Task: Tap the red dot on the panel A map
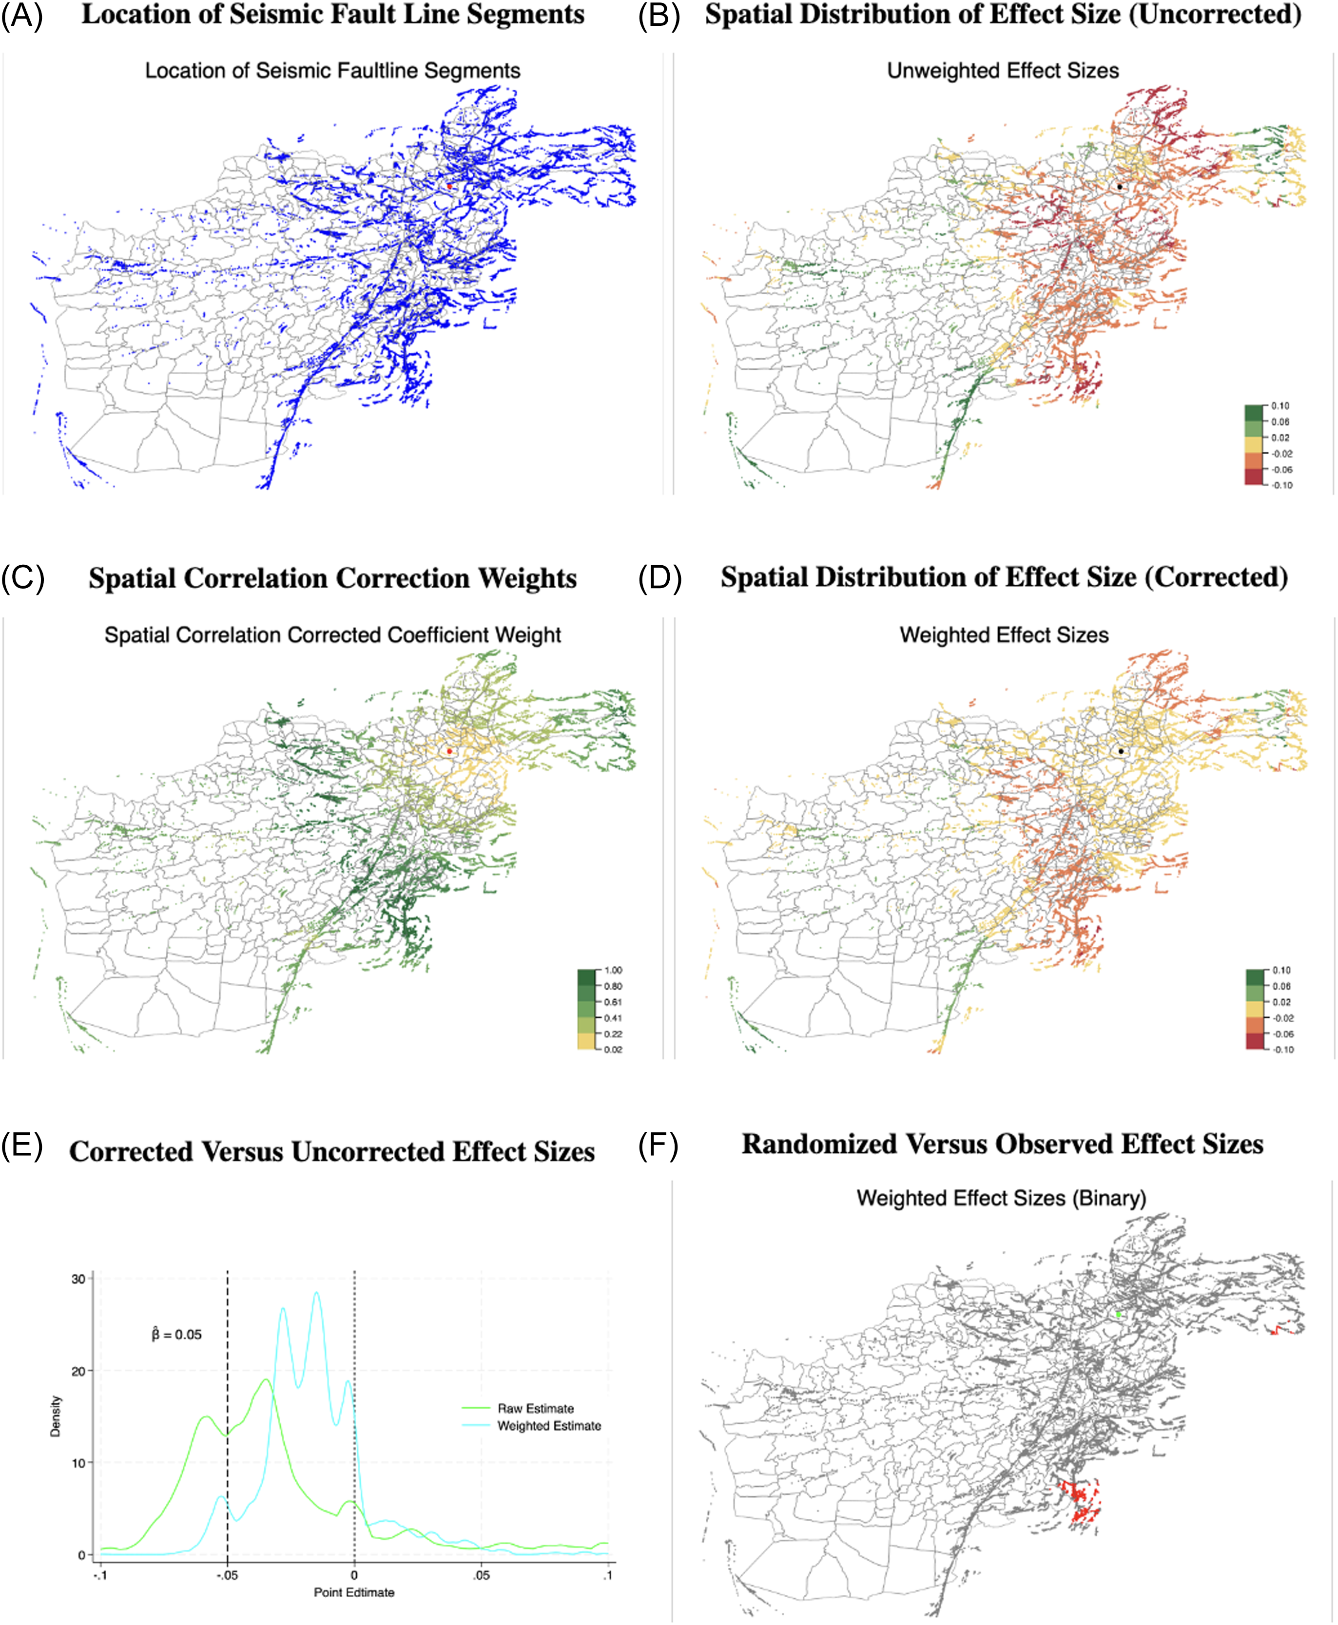pyautogui.click(x=449, y=186)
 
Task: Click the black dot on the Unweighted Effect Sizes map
pyautogui.click(x=1119, y=187)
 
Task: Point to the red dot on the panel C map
pyautogui.click(x=449, y=751)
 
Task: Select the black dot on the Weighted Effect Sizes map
pyautogui.click(x=1121, y=751)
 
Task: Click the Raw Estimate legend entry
pyautogui.click(x=535, y=1409)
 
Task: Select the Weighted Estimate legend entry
pyautogui.click(x=549, y=1426)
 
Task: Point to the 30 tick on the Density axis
pyautogui.click(x=78, y=1279)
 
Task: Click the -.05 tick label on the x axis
pyautogui.click(x=227, y=1575)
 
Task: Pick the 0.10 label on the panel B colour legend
pyautogui.click(x=1280, y=406)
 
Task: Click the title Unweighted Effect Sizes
pyautogui.click(x=1003, y=71)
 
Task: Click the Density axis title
pyautogui.click(x=56, y=1416)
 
